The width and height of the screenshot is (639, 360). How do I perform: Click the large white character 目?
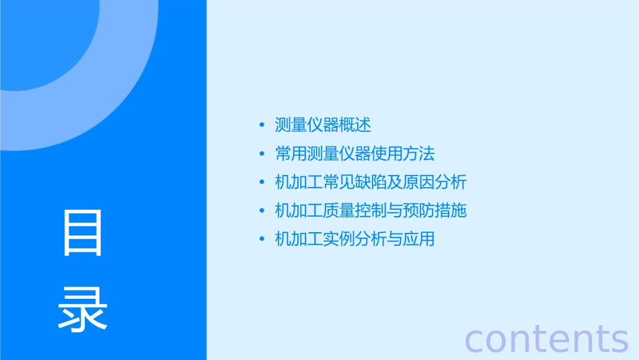click(x=83, y=233)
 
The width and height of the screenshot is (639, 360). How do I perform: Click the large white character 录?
click(x=83, y=310)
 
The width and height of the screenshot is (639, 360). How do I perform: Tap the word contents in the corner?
click(x=546, y=338)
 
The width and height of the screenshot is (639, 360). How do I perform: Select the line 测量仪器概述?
click(x=323, y=125)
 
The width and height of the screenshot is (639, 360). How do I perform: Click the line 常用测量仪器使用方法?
click(x=355, y=153)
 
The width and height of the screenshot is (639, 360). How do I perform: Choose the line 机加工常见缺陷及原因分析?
click(x=371, y=182)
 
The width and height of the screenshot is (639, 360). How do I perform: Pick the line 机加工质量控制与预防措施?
click(x=371, y=211)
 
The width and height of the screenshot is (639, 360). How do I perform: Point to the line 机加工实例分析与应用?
click(x=355, y=239)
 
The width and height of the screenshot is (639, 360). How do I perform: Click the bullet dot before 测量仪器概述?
click(x=262, y=125)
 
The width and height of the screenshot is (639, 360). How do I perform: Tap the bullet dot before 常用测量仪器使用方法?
click(x=262, y=154)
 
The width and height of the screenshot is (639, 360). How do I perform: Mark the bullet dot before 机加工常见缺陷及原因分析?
click(x=262, y=182)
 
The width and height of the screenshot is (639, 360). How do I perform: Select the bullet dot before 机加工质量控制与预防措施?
click(x=262, y=211)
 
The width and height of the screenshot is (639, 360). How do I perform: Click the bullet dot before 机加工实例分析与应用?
click(x=262, y=239)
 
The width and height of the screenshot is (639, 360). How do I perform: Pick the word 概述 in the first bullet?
click(x=355, y=125)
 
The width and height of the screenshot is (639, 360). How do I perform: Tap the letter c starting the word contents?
click(x=474, y=340)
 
